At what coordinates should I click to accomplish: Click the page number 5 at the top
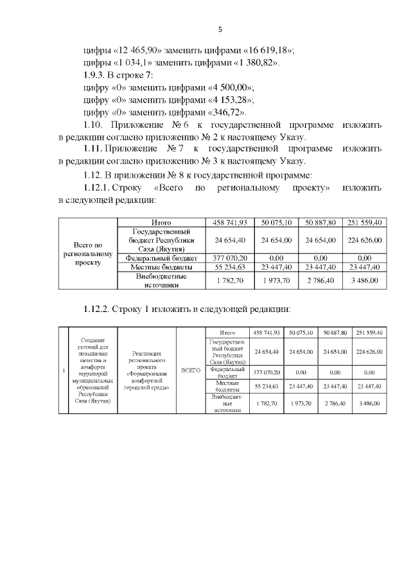point(220,30)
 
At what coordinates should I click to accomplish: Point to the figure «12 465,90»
point(135,50)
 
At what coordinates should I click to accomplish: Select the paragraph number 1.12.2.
point(98,309)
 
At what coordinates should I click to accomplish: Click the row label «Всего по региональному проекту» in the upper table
point(89,254)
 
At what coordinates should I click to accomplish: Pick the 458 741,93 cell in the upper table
point(225,222)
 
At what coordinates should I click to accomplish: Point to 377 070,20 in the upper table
point(225,257)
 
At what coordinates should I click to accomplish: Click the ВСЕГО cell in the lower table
point(191,371)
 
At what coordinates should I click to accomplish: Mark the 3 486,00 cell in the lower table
point(369,403)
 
